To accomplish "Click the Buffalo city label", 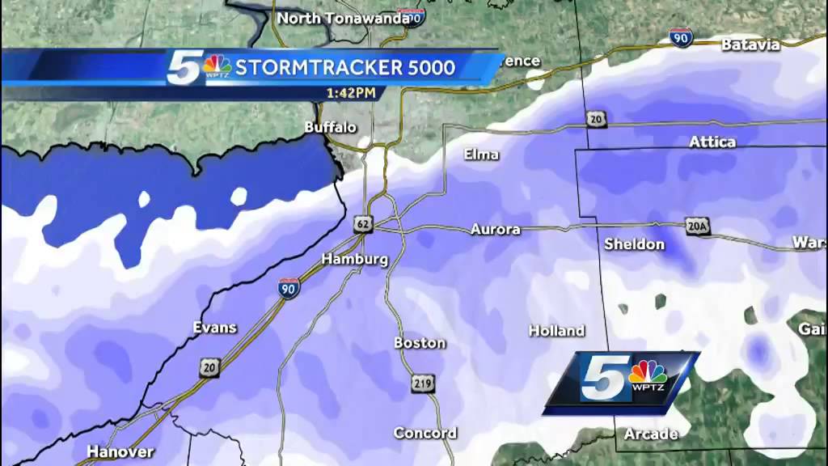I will (331, 127).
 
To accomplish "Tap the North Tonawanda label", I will (342, 18).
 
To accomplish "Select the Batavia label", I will (750, 44).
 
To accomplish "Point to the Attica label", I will (712, 142).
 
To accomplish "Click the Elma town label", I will (481, 155).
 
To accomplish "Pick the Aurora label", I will (496, 230).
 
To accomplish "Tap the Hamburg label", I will (355, 260).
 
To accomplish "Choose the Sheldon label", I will (634, 244).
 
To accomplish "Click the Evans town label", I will (215, 328).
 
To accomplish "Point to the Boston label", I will (420, 343).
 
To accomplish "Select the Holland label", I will (556, 331).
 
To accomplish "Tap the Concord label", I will (425, 434).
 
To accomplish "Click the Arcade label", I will (651, 434).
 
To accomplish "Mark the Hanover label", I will (120, 451).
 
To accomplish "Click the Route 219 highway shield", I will (426, 383).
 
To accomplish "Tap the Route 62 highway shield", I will (361, 222).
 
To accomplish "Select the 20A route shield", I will (697, 227).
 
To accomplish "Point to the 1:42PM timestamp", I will (351, 92).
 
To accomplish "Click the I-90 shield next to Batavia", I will (681, 38).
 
